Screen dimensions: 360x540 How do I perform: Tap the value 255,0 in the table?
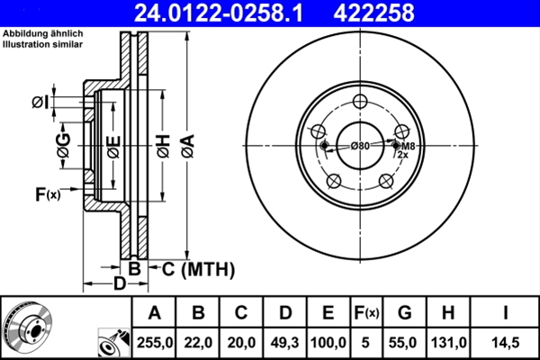point(154,341)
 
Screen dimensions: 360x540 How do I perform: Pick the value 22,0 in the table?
point(198,341)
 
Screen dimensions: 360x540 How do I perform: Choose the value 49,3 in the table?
point(284,341)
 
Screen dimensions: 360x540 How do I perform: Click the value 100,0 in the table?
point(328,341)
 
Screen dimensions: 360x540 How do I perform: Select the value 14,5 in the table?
point(505,341)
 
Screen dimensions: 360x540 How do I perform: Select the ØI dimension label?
point(40,103)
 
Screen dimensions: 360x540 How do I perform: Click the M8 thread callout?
point(408,146)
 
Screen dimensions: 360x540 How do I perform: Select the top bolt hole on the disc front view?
point(361,102)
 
